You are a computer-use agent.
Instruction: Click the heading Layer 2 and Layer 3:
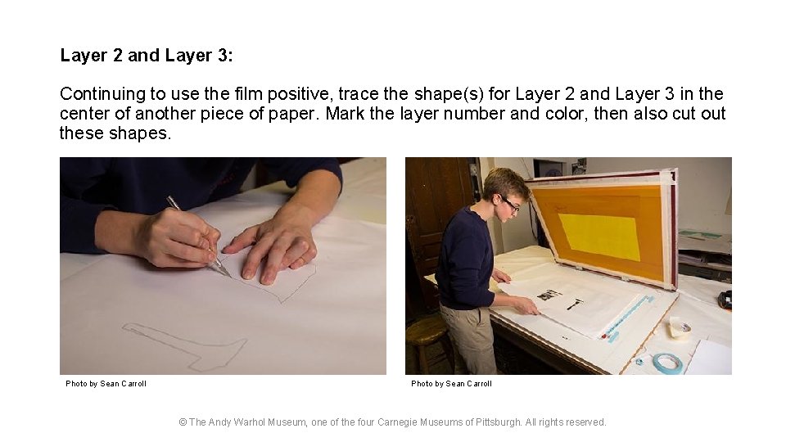pyautogui.click(x=147, y=55)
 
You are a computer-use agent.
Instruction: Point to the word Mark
pyautogui.click(x=345, y=113)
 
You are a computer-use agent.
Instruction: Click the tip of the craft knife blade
pyautogui.click(x=231, y=277)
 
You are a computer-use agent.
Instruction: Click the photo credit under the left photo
pyautogui.click(x=106, y=383)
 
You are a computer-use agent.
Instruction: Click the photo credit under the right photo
pyautogui.click(x=451, y=383)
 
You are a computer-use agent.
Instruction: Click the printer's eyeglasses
pyautogui.click(x=509, y=203)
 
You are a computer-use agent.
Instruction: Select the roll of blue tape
pyautogui.click(x=667, y=363)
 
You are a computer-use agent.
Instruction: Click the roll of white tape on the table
pyautogui.click(x=680, y=327)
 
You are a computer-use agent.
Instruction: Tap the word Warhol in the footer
pyautogui.click(x=251, y=422)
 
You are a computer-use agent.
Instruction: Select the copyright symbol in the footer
pyautogui.click(x=183, y=422)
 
